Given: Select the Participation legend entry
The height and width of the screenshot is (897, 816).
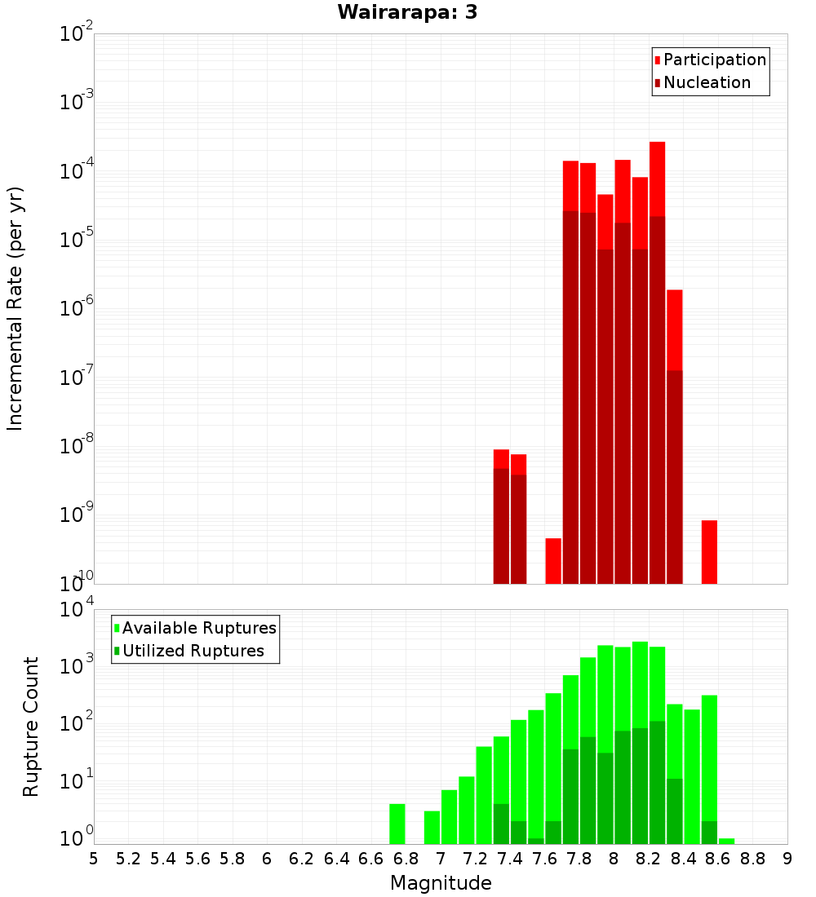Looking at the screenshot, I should coord(715,60).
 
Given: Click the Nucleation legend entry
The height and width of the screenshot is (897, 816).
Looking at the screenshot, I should coord(707,82).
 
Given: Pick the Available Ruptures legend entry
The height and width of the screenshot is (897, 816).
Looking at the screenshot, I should coord(199,628).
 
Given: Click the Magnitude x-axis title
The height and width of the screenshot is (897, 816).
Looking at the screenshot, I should coord(441,883).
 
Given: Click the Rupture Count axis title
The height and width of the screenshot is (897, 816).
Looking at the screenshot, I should coord(31,727).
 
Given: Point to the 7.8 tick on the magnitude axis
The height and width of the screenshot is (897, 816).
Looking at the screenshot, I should coord(579,859).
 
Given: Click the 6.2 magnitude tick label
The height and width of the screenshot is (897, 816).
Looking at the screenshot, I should coord(302,859).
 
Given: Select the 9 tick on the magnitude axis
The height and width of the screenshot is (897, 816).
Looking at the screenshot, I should coord(787,859).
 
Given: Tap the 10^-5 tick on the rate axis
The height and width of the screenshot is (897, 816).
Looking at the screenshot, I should coord(76,240).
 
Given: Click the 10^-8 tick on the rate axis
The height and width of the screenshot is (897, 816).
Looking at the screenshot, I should coord(76,446).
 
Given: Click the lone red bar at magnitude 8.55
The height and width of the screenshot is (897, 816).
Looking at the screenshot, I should coord(709,552).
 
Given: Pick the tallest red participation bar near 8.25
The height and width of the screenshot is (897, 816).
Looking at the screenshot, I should coord(658,179).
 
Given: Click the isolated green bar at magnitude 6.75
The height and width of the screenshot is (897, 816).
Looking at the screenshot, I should coord(397,824).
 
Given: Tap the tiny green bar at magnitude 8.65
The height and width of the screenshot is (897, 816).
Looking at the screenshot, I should coord(726,841).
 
